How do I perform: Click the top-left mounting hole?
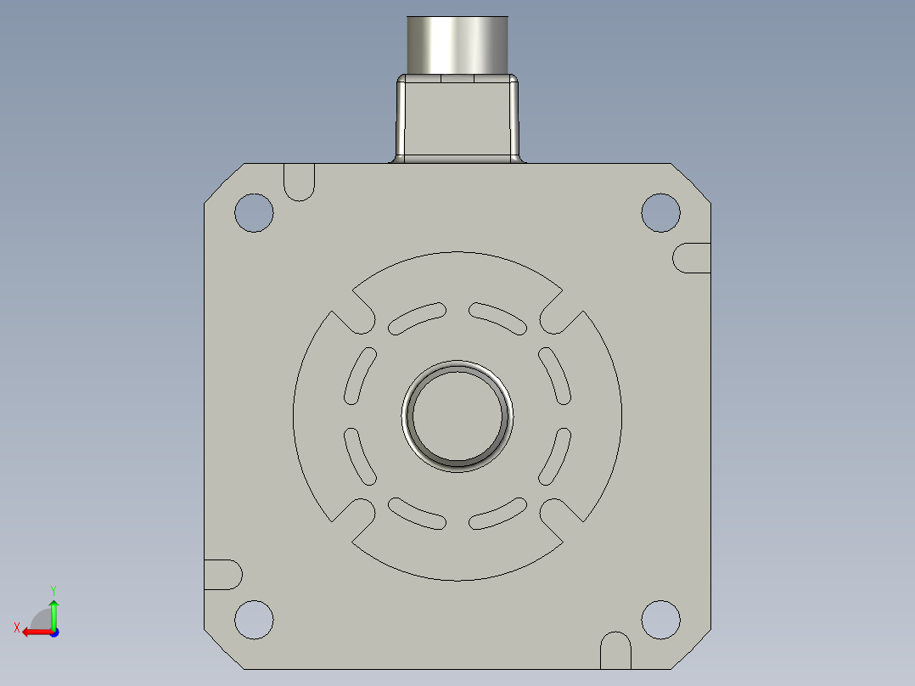click(254, 213)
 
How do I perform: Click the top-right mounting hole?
click(660, 212)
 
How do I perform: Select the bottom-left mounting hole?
click(254, 619)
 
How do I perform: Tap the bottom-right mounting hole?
click(660, 619)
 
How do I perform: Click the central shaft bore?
click(457, 416)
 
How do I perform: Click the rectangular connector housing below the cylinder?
click(457, 119)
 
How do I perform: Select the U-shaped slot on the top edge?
click(299, 182)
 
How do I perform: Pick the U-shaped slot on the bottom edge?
click(616, 649)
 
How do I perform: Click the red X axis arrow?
click(32, 632)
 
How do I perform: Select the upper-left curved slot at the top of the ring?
click(417, 317)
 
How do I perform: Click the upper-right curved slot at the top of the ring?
click(498, 317)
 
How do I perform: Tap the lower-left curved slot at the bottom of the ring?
click(417, 514)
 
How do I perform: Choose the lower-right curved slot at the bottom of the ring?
click(498, 514)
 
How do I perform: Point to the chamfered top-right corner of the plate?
click(691, 183)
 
